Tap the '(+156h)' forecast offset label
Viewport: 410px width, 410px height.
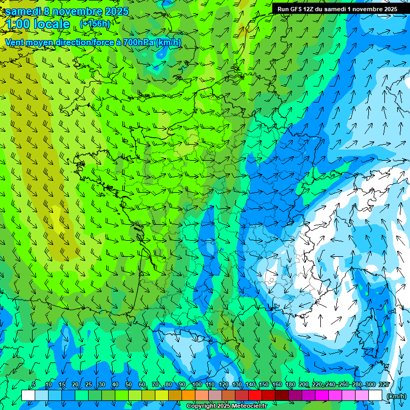tap(95, 24)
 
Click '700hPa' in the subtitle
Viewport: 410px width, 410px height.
tap(138, 42)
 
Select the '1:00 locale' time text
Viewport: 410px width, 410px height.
tap(38, 24)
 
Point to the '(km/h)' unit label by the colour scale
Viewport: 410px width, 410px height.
tap(396, 396)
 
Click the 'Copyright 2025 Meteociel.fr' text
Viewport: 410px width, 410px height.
tap(226, 406)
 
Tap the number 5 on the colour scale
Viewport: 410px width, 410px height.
tap(34, 384)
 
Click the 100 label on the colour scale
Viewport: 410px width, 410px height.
tap(197, 384)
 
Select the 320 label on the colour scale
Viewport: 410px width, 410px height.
tap(383, 384)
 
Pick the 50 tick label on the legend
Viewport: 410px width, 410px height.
tap(128, 384)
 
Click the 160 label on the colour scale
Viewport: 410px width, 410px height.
tap(277, 384)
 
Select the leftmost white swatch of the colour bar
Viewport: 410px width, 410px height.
tap(28, 396)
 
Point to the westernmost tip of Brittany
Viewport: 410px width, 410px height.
tap(76, 159)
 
